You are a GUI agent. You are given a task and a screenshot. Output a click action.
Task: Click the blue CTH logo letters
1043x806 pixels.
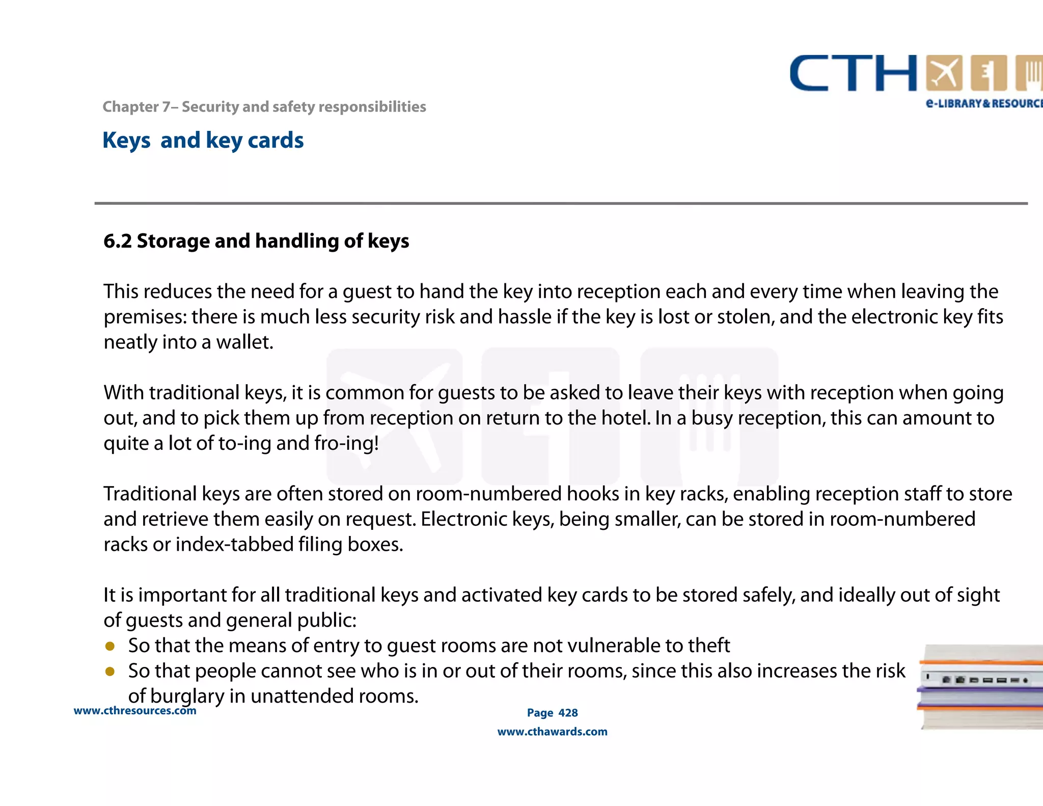pyautogui.click(x=853, y=74)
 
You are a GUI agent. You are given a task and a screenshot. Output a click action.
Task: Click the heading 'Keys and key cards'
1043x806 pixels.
pyautogui.click(x=203, y=140)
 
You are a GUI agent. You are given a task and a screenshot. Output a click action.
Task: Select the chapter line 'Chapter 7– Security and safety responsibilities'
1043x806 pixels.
pyautogui.click(x=264, y=106)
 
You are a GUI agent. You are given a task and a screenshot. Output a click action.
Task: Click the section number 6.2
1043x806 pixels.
pyautogui.click(x=118, y=241)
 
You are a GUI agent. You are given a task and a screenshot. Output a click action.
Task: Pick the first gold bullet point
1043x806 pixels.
pyautogui.click(x=110, y=646)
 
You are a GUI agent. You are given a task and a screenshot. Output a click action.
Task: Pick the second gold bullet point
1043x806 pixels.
pyautogui.click(x=110, y=671)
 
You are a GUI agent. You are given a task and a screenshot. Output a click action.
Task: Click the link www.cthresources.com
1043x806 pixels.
pyautogui.click(x=135, y=711)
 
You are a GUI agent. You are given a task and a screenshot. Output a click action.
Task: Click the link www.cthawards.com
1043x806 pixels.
pyautogui.click(x=552, y=732)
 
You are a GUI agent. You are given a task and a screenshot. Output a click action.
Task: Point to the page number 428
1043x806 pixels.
pyautogui.click(x=568, y=713)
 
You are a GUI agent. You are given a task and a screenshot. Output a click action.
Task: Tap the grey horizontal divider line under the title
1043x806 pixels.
pyautogui.click(x=560, y=203)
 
